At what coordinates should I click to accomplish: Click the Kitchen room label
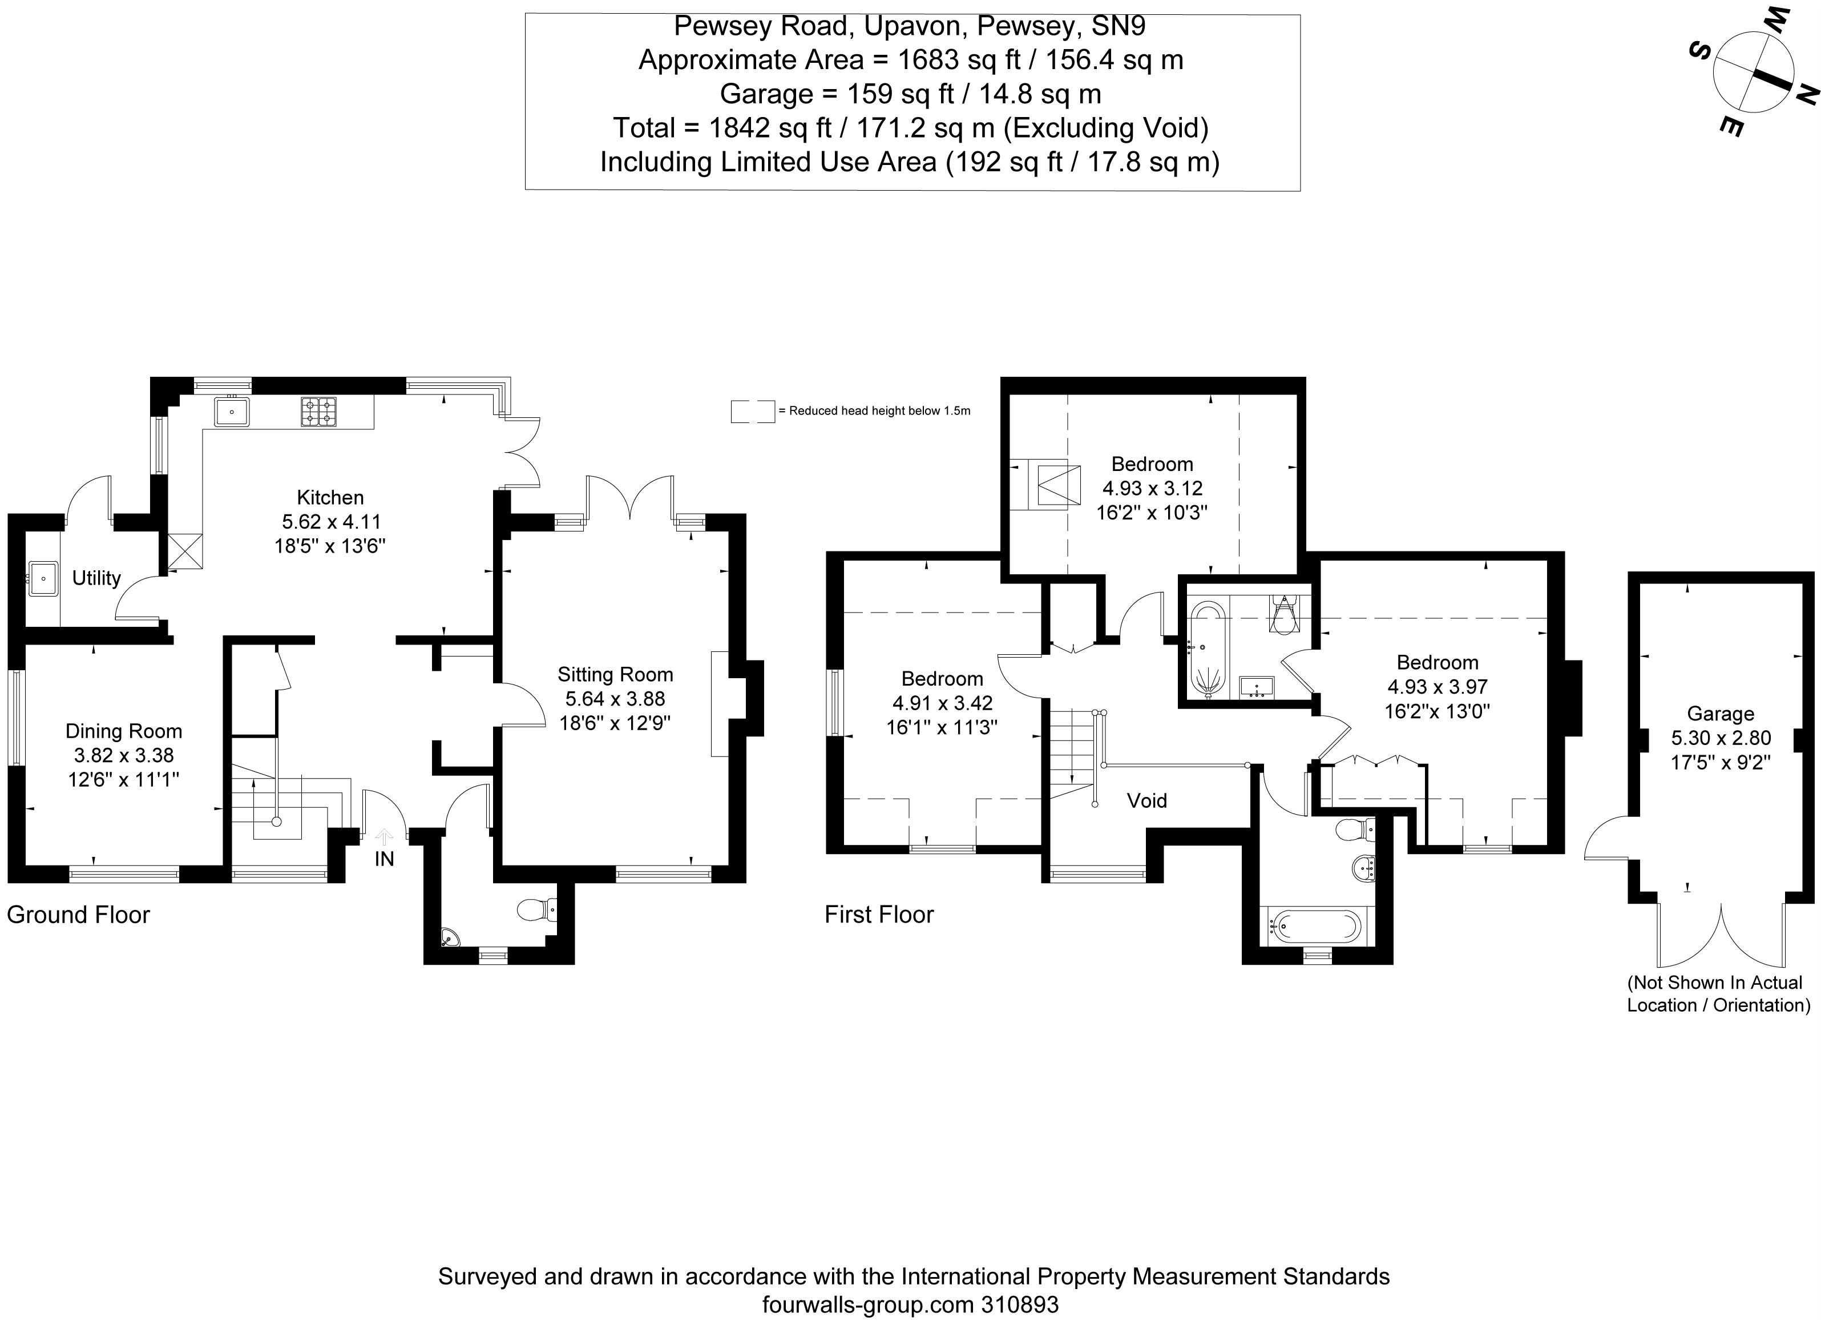coord(330,497)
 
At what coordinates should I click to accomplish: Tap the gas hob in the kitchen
coord(319,412)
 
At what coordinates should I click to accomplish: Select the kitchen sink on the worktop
coord(231,412)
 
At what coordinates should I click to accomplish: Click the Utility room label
coord(96,578)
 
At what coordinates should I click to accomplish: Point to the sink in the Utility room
coord(42,578)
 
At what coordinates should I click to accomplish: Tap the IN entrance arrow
coord(385,837)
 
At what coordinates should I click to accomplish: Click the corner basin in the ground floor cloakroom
coord(450,937)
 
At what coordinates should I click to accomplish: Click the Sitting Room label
coord(615,675)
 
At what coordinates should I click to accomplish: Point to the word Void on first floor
coord(1146,800)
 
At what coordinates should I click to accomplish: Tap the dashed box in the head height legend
coord(752,411)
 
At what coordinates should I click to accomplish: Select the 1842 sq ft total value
coord(769,128)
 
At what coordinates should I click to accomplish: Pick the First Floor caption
coord(879,915)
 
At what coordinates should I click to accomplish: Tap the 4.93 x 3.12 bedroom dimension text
coord(1152,488)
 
